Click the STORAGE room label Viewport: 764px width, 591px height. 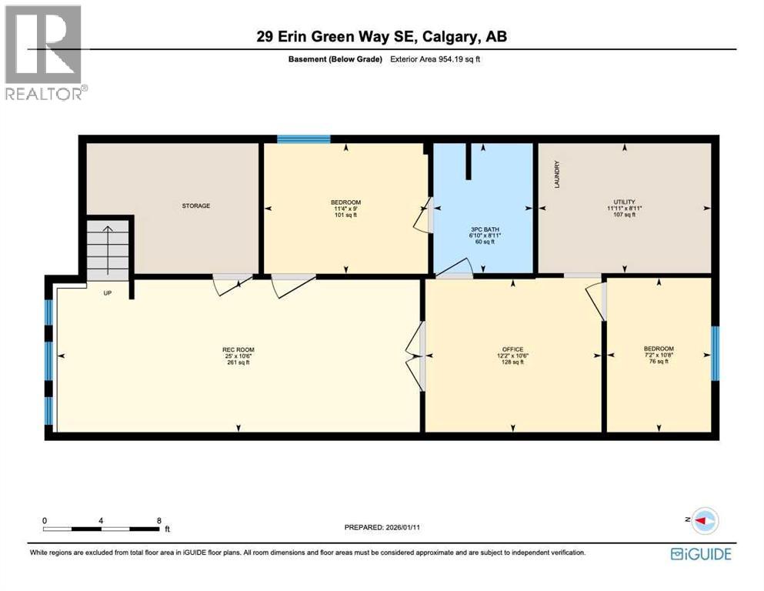[195, 205]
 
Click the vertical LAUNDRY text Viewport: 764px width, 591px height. [556, 175]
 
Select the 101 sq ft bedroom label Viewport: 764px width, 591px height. [345, 209]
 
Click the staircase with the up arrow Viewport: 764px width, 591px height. [108, 248]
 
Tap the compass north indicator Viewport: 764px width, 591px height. [703, 521]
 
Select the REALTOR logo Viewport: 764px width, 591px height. [44, 53]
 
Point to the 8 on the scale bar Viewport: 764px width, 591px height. [158, 520]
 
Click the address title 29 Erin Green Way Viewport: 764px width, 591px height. [382, 36]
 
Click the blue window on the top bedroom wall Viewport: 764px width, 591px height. [303, 139]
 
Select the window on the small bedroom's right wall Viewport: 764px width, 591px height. [715, 353]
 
